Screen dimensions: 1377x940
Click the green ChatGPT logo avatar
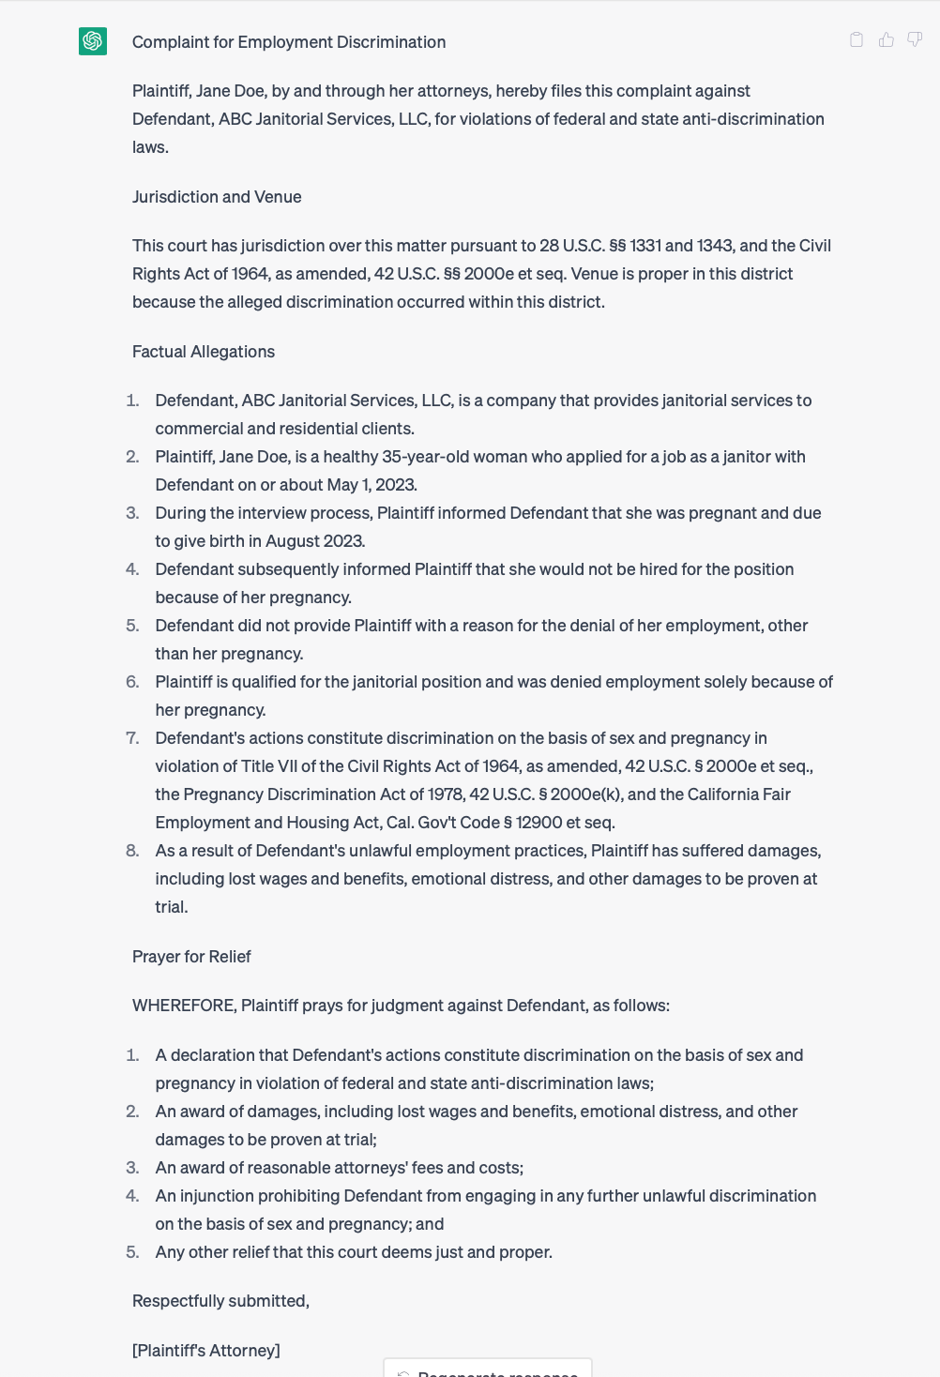click(x=93, y=41)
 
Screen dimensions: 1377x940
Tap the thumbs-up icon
click(x=886, y=39)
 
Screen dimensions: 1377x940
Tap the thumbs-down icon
click(x=915, y=39)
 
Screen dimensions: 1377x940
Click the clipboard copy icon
click(x=857, y=39)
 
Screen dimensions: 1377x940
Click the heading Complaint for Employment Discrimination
click(x=289, y=42)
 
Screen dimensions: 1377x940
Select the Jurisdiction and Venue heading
click(x=217, y=197)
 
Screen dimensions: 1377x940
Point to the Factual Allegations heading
click(x=204, y=352)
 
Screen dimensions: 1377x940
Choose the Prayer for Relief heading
click(x=191, y=957)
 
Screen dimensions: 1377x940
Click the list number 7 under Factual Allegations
click(x=132, y=738)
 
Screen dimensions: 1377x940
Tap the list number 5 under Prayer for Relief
click(x=132, y=1252)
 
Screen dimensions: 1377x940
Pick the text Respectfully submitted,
click(x=220, y=1301)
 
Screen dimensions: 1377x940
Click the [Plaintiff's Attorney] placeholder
click(x=206, y=1351)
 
